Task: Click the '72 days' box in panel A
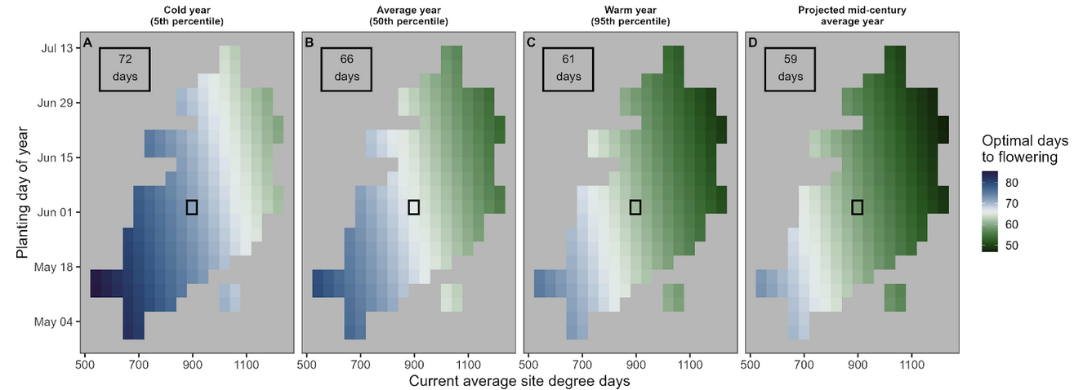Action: pos(124,69)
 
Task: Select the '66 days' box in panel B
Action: pos(345,69)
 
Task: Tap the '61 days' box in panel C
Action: pos(568,69)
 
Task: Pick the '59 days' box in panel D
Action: pos(790,69)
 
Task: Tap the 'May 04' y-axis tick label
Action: pos(57,321)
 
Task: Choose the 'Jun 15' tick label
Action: pos(58,157)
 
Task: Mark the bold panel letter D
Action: pos(752,42)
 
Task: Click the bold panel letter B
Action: pos(309,42)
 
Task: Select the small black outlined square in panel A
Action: pos(192,207)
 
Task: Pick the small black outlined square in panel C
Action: pos(635,207)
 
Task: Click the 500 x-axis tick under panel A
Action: pos(84,366)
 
